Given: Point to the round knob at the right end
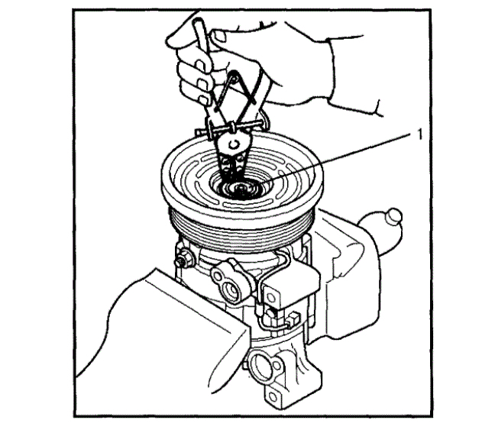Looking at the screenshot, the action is [393, 218].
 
